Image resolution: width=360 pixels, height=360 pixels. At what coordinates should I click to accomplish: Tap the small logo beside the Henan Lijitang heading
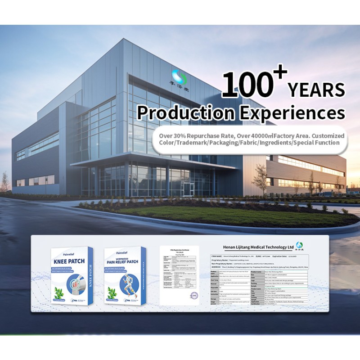(300, 247)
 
